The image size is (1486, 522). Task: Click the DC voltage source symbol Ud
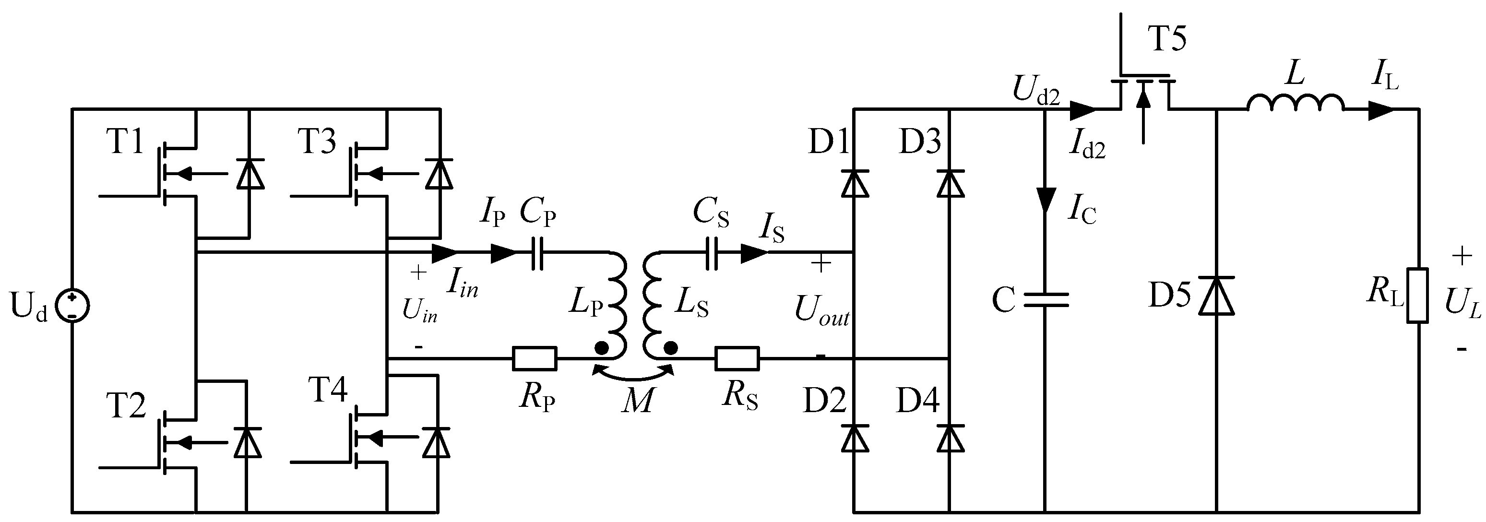point(72,306)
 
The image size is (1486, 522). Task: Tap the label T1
point(125,142)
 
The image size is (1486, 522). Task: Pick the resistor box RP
point(535,358)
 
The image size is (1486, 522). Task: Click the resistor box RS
point(737,358)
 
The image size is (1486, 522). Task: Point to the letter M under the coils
point(637,400)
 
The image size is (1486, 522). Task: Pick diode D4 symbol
point(950,439)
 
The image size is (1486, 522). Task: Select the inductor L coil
point(1296,103)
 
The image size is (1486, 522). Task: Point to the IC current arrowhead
point(1045,200)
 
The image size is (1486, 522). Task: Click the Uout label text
point(821,311)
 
